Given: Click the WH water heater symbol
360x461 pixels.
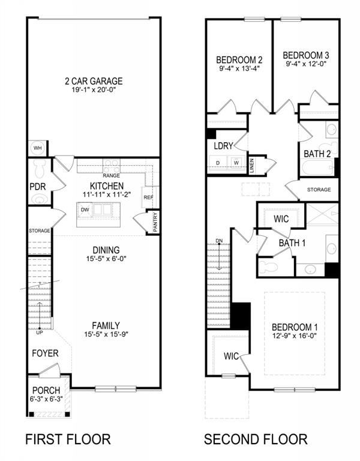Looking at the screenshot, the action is coord(37,148).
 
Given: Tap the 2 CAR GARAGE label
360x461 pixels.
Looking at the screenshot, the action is coord(94,81).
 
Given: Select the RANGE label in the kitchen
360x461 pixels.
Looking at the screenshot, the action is coord(111,175).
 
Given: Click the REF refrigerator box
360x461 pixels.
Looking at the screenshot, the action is coord(149,197).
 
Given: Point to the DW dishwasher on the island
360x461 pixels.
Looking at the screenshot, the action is coord(85,210).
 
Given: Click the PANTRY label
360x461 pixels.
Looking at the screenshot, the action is coord(155,222).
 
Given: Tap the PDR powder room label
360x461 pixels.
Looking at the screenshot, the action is coord(38,187).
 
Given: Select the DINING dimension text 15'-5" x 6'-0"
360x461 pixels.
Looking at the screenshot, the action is coord(106,259).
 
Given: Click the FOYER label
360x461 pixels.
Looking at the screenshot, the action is coord(45,353).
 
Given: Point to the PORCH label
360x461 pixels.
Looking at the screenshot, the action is coord(46,390).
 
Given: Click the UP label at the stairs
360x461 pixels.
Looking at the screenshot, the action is coord(40,333).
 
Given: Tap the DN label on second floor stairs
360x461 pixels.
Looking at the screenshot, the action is coord(219,241).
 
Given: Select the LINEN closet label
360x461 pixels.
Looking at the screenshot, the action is coord(251,165).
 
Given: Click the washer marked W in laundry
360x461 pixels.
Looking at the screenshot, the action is coord(236,163).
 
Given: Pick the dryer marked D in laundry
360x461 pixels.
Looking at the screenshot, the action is coord(218,163).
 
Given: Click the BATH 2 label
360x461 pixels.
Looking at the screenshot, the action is coord(317,154).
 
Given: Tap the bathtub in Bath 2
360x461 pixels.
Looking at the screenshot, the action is coord(317,167).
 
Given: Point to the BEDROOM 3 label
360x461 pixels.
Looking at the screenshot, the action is coord(306,55).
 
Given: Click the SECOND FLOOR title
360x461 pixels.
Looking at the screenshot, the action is coord(256,439).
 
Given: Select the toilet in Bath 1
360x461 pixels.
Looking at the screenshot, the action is coord(268,267).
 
